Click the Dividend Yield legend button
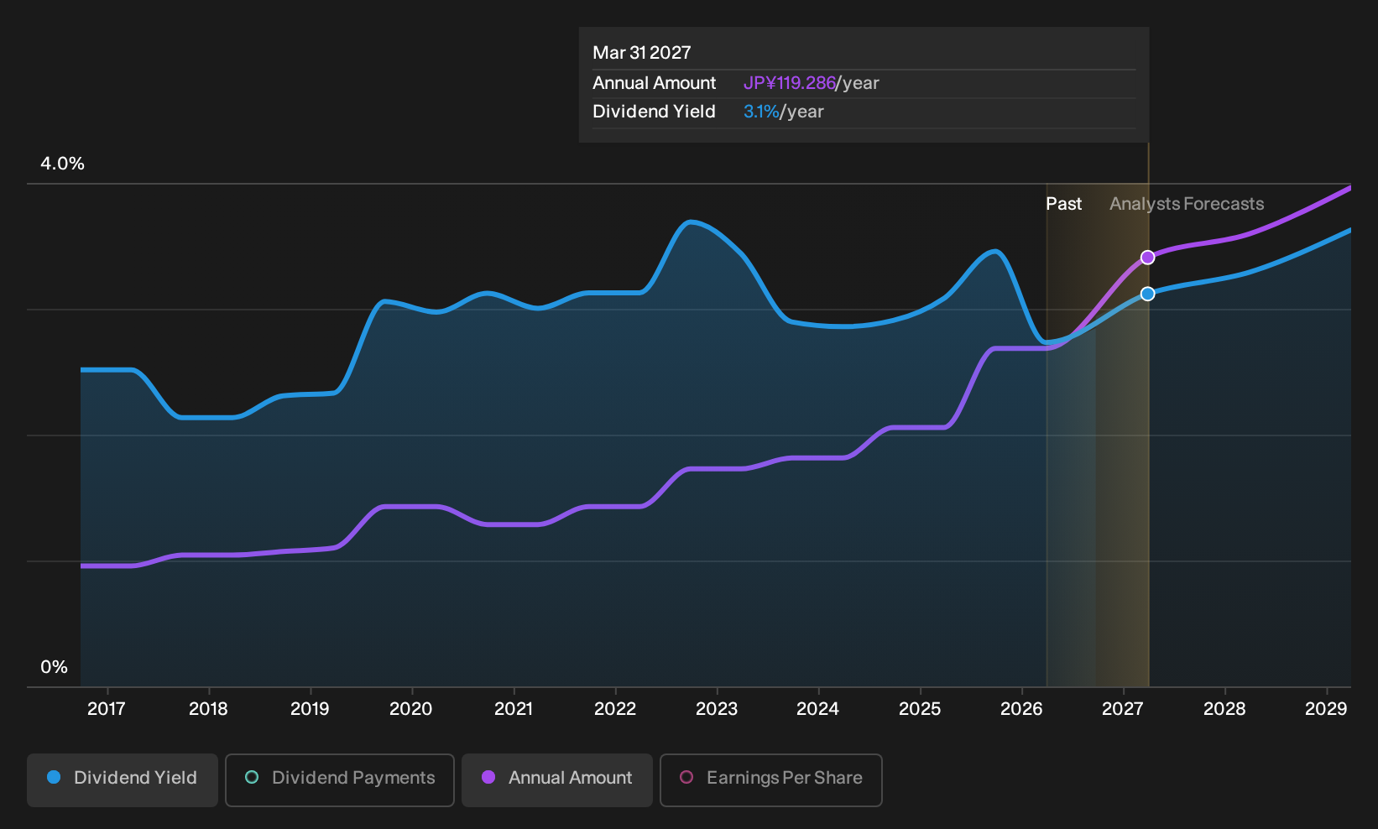[x=123, y=779]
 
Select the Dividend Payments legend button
[x=340, y=779]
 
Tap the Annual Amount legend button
[x=556, y=779]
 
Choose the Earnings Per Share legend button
[x=770, y=779]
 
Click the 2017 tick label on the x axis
[x=107, y=709]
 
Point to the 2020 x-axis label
[x=411, y=709]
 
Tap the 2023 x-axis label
[x=717, y=709]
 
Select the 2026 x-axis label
[x=1021, y=709]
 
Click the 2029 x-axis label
[x=1326, y=709]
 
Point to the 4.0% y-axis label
[x=62, y=164]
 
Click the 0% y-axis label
[x=55, y=667]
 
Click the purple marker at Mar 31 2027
[x=1147, y=257]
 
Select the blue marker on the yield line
[x=1147, y=294]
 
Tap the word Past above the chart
[x=1063, y=204]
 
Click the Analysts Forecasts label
[x=1187, y=204]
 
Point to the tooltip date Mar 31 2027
[x=642, y=53]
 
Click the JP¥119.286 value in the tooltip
[x=789, y=83]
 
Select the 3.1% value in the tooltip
[x=761, y=112]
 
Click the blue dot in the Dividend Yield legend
[x=55, y=777]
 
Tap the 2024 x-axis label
[x=817, y=709]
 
